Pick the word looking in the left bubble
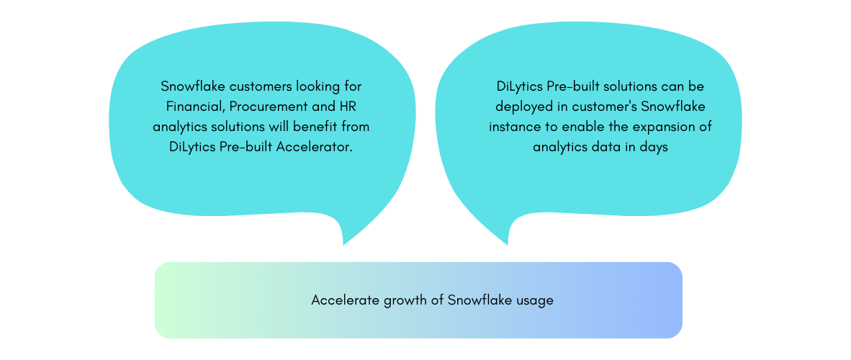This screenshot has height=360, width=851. click(315, 87)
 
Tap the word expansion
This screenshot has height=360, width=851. click(661, 127)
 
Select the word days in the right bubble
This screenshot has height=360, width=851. click(653, 148)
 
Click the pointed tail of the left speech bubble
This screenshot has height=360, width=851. click(343, 245)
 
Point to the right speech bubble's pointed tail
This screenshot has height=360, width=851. click(508, 245)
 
